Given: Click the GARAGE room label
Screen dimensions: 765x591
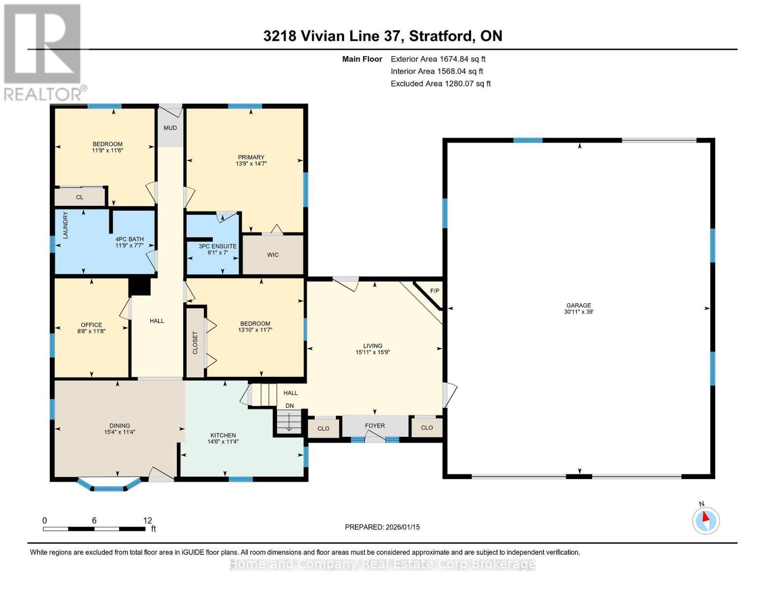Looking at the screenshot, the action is click(x=578, y=305).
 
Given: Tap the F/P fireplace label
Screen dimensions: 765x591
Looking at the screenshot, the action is click(x=434, y=291).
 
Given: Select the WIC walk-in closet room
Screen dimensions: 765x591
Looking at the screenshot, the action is click(x=273, y=254).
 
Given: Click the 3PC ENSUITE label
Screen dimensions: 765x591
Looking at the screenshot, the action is click(x=218, y=246).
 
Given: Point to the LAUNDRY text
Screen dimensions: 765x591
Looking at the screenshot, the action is click(x=66, y=225).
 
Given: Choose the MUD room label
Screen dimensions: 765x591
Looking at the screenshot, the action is click(x=170, y=128).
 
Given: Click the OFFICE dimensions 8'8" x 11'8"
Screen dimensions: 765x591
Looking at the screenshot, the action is click(x=92, y=331).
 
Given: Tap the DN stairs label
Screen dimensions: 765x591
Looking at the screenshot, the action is click(x=289, y=405).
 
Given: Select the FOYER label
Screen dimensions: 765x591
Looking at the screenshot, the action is click(x=374, y=426).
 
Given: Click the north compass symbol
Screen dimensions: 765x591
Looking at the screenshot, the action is click(x=705, y=521).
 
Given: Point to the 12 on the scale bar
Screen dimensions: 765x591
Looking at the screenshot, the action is click(x=147, y=520).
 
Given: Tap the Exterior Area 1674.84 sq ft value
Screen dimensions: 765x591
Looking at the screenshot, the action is click(x=438, y=59).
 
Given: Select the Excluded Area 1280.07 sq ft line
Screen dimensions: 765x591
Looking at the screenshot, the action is click(x=440, y=84).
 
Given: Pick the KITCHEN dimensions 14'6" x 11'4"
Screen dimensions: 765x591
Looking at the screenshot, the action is click(x=223, y=441).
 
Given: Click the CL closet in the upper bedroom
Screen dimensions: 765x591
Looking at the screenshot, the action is click(x=80, y=197).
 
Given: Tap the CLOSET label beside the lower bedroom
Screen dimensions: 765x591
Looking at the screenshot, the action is click(x=195, y=342).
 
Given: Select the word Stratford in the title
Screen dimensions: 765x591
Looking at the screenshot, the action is click(x=441, y=36).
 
